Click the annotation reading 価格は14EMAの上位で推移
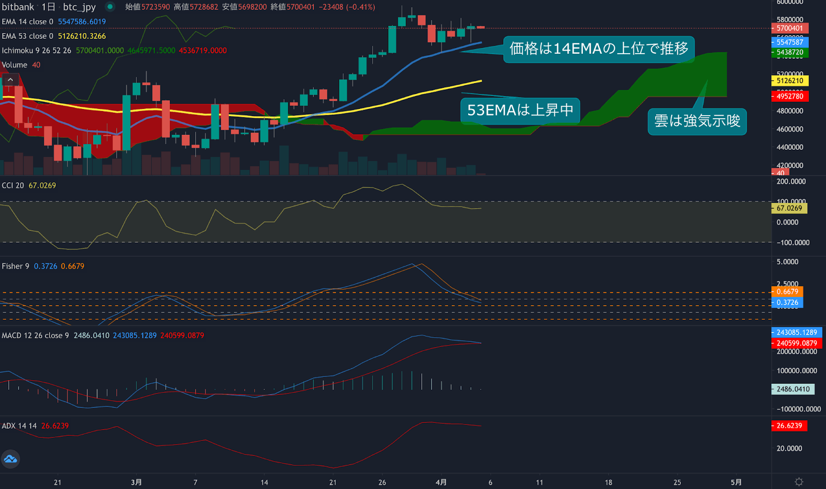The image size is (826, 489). click(599, 49)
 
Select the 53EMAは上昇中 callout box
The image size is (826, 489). click(520, 110)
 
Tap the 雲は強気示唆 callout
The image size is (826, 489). click(697, 121)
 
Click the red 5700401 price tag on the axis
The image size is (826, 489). click(789, 28)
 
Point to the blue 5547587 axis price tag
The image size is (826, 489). click(789, 42)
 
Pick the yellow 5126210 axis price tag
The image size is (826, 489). click(789, 81)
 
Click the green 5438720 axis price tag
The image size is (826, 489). click(789, 52)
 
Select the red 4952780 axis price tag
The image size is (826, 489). click(789, 96)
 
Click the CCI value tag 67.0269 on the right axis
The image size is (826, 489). click(789, 208)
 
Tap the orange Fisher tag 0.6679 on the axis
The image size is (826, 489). click(787, 292)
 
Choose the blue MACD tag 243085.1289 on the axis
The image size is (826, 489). click(797, 333)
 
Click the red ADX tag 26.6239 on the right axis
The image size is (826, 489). click(789, 425)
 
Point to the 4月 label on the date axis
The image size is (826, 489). click(441, 482)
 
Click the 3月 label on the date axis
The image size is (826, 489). click(136, 482)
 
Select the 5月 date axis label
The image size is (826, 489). click(736, 482)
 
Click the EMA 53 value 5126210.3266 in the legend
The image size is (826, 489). click(82, 36)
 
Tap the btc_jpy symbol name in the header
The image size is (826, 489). click(79, 7)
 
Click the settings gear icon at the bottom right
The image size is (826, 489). click(799, 482)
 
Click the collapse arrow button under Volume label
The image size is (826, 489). click(10, 80)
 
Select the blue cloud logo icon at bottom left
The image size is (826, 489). click(10, 459)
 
